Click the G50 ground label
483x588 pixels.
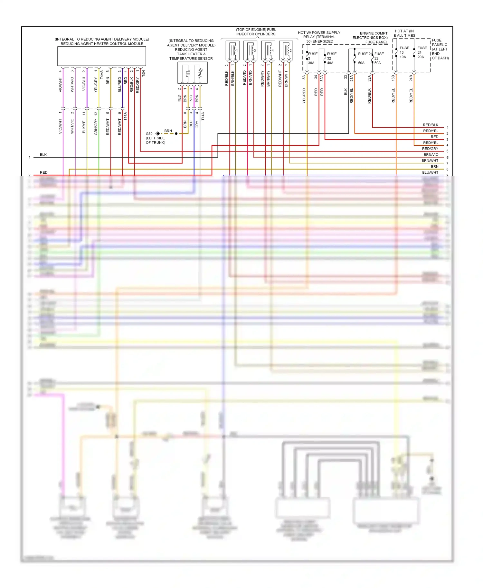point(149,134)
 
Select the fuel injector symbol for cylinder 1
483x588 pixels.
point(233,51)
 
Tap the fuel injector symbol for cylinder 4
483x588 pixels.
point(269,51)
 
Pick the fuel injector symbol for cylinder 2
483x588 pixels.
point(286,51)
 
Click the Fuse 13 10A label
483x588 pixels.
point(404,52)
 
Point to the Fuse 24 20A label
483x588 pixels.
point(422,52)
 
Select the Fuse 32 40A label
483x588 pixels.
point(331,58)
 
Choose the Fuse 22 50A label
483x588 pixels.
point(379,58)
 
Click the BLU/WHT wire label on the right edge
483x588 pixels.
point(430,172)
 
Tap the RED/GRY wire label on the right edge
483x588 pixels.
point(430,149)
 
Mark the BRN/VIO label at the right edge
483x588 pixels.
point(431,155)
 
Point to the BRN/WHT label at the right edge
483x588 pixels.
point(430,161)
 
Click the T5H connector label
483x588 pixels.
point(144,73)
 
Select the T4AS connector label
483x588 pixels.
point(102,75)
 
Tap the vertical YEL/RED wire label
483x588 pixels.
point(304,96)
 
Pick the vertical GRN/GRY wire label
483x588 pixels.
point(96,127)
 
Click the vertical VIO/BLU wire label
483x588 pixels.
point(84,84)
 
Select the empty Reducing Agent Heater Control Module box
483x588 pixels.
point(101,56)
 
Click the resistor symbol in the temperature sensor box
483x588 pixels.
point(200,73)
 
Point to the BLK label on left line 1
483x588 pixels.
point(43,155)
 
